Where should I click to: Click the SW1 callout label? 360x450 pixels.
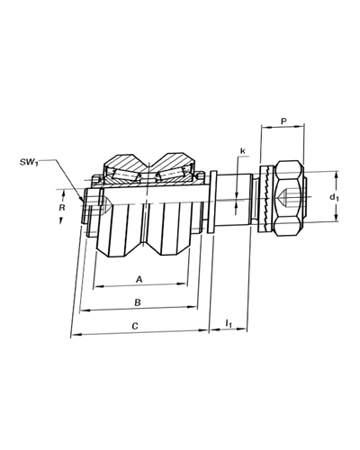(x=29, y=163)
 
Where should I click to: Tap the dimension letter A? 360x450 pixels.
(x=139, y=280)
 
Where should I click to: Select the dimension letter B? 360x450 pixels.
(x=138, y=302)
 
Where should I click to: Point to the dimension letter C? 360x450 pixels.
(x=135, y=326)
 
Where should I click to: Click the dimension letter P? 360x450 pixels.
(x=283, y=121)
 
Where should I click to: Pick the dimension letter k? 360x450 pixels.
(x=243, y=151)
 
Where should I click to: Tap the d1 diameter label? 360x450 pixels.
(x=335, y=198)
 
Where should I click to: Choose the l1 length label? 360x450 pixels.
(x=229, y=323)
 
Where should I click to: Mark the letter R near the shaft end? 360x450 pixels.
(x=62, y=207)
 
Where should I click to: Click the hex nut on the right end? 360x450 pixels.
(x=290, y=199)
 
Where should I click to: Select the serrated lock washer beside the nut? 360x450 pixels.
(x=265, y=199)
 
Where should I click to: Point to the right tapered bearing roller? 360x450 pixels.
(x=170, y=175)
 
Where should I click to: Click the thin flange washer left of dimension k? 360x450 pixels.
(x=212, y=202)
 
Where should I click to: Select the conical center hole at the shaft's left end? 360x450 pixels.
(x=106, y=205)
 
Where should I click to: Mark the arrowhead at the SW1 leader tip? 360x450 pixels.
(x=82, y=199)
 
